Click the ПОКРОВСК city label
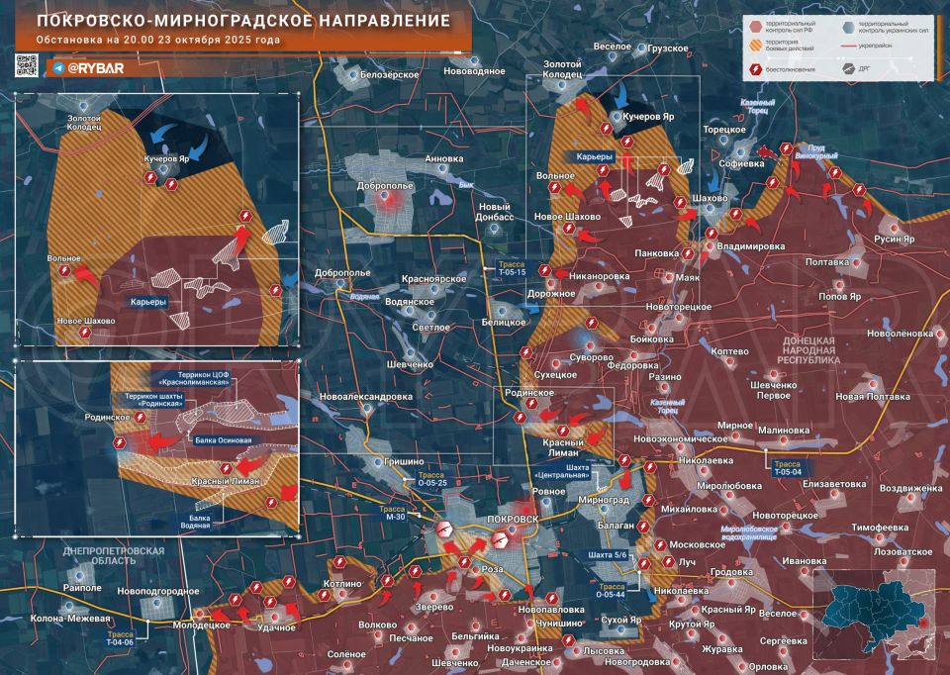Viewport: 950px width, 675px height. coord(514,520)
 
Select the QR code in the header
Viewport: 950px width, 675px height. coord(26,66)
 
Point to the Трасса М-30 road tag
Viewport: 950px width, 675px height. coord(395,512)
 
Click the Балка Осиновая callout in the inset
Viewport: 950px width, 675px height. coord(223,440)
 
